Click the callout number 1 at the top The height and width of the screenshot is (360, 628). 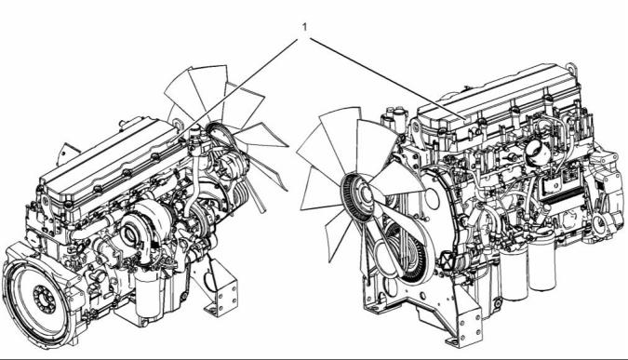pyautogui.click(x=305, y=27)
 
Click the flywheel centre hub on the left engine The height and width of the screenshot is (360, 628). pyautogui.click(x=45, y=300)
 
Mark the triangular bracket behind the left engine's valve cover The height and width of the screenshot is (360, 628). pyautogui.click(x=65, y=153)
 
